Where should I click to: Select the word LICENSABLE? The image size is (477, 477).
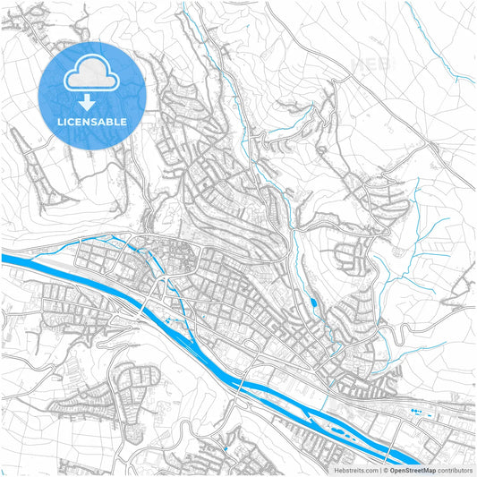pos(92,121)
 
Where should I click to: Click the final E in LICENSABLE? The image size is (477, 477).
pos(124,121)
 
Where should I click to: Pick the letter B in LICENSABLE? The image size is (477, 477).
pos(109,121)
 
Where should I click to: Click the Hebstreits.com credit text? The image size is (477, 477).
pos(355,469)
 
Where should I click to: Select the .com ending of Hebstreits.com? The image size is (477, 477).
pos(370,469)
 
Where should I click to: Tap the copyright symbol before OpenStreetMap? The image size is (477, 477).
pos(385,469)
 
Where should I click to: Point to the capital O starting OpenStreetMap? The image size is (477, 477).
pos(392,469)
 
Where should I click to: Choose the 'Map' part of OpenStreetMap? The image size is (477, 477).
pos(428,469)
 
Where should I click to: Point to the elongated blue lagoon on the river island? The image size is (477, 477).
pos(342,428)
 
